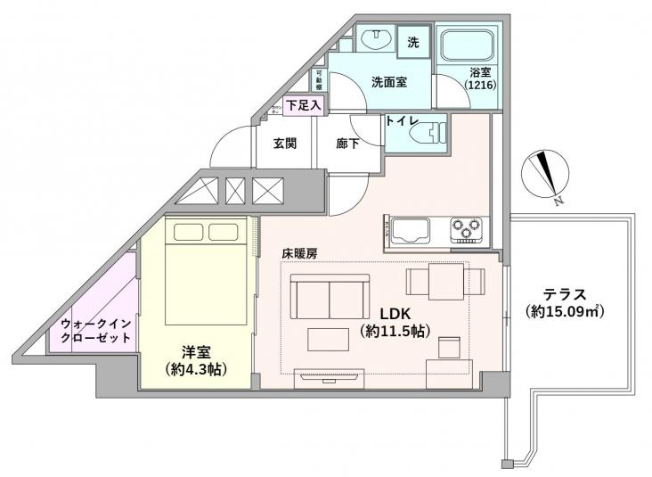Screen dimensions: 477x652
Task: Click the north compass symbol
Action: tap(543, 174)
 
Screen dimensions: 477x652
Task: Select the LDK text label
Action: tap(394, 314)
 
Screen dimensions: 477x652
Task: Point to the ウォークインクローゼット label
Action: tap(95, 331)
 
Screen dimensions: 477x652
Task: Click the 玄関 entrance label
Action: tap(284, 143)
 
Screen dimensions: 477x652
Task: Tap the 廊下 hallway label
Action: tap(348, 143)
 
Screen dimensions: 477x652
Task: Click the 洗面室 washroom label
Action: tap(388, 82)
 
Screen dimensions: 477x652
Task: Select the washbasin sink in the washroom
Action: tap(374, 39)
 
